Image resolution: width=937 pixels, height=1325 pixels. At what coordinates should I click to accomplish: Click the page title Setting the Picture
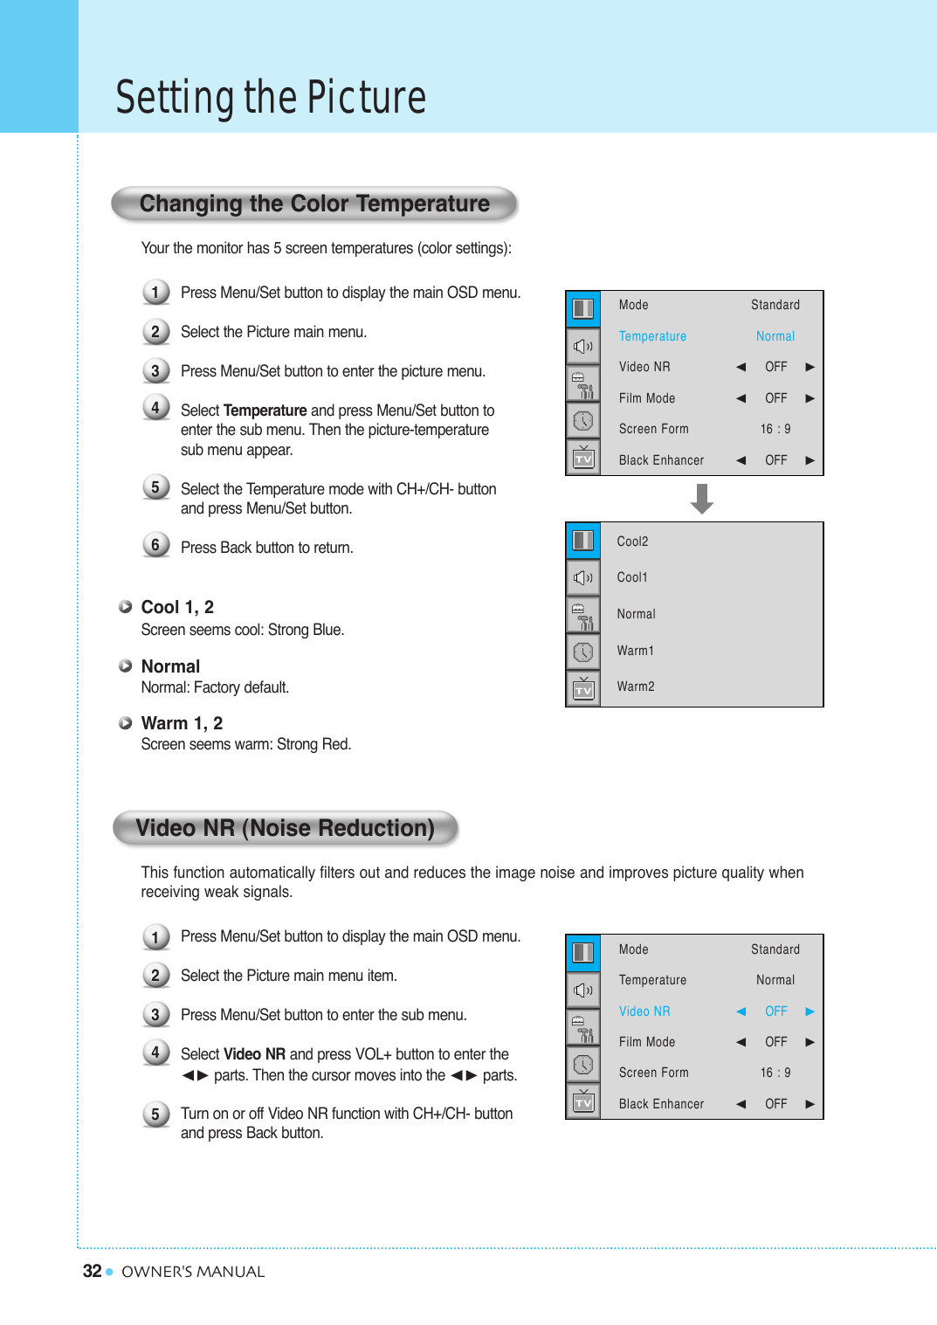271,97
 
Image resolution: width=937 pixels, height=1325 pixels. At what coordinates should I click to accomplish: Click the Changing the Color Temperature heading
314,204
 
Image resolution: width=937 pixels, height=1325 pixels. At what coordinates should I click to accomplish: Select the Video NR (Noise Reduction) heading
285,828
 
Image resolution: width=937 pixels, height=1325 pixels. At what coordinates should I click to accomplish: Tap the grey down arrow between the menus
702,499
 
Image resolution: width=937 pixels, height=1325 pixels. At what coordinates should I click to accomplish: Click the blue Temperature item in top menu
652,336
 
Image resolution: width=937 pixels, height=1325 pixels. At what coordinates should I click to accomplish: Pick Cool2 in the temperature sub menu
632,542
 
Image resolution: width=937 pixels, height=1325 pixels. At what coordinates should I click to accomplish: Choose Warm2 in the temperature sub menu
636,687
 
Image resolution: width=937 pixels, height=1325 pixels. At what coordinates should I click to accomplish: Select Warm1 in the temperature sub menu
635,651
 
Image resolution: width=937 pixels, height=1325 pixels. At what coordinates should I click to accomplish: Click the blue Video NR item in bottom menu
644,1011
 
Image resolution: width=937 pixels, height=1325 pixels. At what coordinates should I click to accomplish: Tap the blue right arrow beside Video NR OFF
810,1011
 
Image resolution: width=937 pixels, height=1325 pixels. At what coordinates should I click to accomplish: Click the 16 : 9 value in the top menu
775,429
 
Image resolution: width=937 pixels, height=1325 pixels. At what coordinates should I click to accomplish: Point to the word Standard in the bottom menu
775,949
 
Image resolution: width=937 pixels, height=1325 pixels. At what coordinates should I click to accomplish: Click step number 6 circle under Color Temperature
155,545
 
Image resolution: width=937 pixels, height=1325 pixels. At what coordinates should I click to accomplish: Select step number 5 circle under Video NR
155,1114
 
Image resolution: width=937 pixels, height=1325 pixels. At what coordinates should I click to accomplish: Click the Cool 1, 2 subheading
177,607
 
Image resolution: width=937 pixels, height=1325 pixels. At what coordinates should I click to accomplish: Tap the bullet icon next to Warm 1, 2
126,723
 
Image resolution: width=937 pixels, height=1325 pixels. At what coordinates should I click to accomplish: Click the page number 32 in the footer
92,1271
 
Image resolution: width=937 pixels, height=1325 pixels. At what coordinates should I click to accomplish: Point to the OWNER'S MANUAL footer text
193,1272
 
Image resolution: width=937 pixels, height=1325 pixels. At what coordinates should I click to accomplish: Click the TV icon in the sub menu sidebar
583,689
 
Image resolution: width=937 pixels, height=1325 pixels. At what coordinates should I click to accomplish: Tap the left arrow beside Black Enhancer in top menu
741,460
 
